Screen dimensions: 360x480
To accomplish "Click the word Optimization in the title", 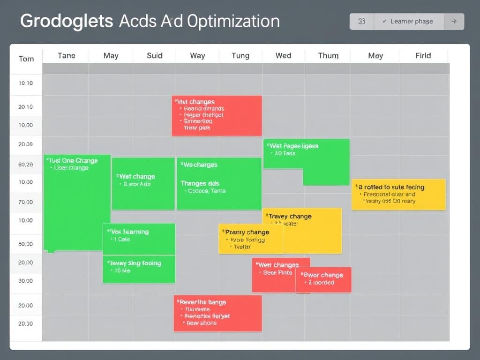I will pyautogui.click(x=233, y=21).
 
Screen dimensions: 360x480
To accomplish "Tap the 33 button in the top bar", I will pyautogui.click(x=361, y=22).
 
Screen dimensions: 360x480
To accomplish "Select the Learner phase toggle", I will pyautogui.click(x=407, y=22).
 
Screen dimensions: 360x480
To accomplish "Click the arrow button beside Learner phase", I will pyautogui.click(x=453, y=22).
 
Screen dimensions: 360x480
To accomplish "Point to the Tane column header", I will pyautogui.click(x=66, y=55).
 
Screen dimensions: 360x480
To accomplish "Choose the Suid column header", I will pyautogui.click(x=154, y=55).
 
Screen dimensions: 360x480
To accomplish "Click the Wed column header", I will pyautogui.click(x=283, y=55).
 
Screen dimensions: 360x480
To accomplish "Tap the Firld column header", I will pyautogui.click(x=423, y=55).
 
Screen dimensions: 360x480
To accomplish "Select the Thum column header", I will pyautogui.click(x=328, y=55).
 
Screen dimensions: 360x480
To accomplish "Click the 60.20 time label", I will pyautogui.click(x=25, y=165).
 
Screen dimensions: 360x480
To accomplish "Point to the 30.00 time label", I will pyautogui.click(x=25, y=281).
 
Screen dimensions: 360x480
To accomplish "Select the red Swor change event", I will pyautogui.click(x=323, y=279).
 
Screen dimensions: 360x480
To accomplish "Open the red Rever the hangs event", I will pyautogui.click(x=217, y=313).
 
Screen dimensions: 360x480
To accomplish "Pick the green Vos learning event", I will pyautogui.click(x=139, y=239).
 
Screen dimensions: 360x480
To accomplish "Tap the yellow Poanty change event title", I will pyautogui.click(x=247, y=232).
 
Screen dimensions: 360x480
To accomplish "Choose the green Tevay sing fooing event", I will pyautogui.click(x=139, y=269).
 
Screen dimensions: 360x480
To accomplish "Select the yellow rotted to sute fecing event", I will pyautogui.click(x=398, y=194).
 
